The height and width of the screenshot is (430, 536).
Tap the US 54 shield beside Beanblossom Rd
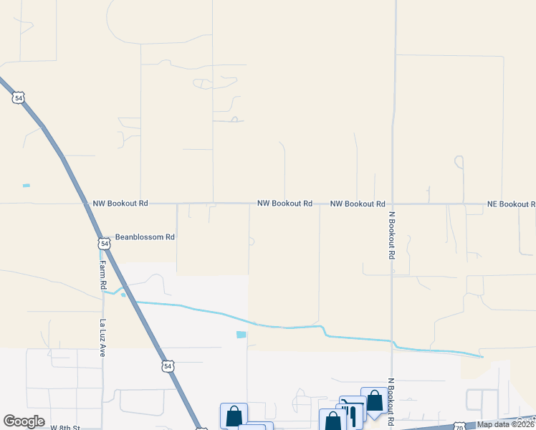[x=105, y=244]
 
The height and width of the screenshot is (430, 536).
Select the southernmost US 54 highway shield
[x=168, y=365]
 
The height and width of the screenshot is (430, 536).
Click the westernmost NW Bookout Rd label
[x=120, y=204]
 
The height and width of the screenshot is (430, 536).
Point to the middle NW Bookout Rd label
[x=284, y=204]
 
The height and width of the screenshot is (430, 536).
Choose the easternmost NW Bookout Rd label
[x=358, y=204]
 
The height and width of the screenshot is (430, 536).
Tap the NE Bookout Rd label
[x=511, y=204]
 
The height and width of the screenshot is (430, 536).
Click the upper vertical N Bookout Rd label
[x=392, y=234]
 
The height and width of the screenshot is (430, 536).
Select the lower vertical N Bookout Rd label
[x=392, y=402]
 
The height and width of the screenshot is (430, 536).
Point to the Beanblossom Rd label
[x=145, y=236]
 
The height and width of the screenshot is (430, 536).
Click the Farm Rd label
[x=103, y=274]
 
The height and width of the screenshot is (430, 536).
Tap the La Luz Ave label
[x=103, y=338]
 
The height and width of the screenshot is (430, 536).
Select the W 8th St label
[x=65, y=427]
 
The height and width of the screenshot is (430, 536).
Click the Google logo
[x=24, y=421]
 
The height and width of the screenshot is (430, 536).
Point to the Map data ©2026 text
[x=506, y=424]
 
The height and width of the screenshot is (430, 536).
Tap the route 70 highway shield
[x=459, y=426]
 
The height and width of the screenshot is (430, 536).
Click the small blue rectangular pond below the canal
[x=241, y=335]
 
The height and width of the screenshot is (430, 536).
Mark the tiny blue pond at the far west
[x=27, y=186]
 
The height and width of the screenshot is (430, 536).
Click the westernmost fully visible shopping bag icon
[x=234, y=416]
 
